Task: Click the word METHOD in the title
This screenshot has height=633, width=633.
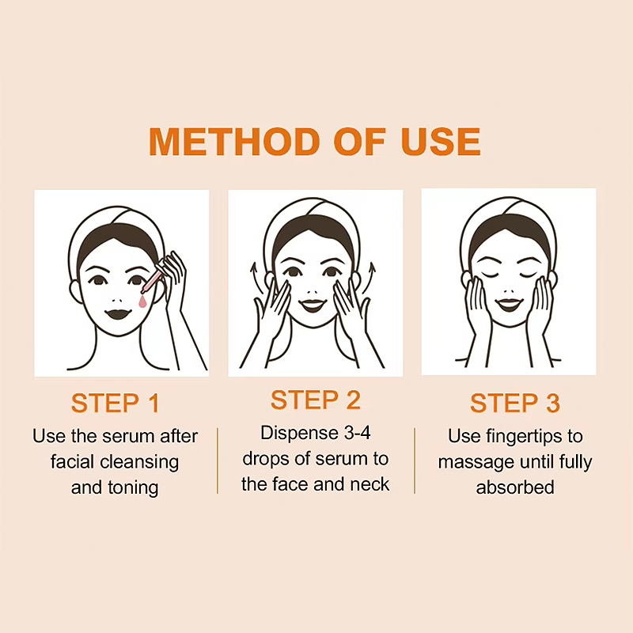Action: tap(235, 142)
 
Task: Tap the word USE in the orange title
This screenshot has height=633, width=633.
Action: tap(441, 142)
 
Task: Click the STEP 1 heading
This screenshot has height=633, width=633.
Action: tap(115, 403)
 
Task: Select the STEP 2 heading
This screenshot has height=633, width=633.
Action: tap(315, 400)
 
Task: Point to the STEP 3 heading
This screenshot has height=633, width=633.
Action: tap(515, 403)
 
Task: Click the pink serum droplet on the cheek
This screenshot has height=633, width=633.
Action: tap(142, 301)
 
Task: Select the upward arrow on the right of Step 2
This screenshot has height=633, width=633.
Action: tap(370, 278)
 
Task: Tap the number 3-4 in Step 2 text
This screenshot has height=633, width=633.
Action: tap(358, 433)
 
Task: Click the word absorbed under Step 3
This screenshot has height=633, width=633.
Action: tap(515, 487)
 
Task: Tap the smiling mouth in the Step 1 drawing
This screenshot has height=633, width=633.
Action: tap(118, 313)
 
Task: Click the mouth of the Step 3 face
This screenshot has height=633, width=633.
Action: tap(509, 304)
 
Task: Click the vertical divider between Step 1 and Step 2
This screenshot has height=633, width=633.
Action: tap(218, 461)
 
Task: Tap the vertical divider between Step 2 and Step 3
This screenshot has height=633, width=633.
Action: tap(415, 461)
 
